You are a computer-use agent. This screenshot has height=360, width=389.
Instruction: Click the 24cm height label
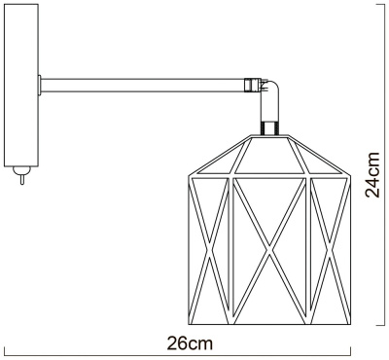tap(372, 175)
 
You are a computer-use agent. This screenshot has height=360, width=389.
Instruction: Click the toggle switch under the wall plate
tap(19, 179)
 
